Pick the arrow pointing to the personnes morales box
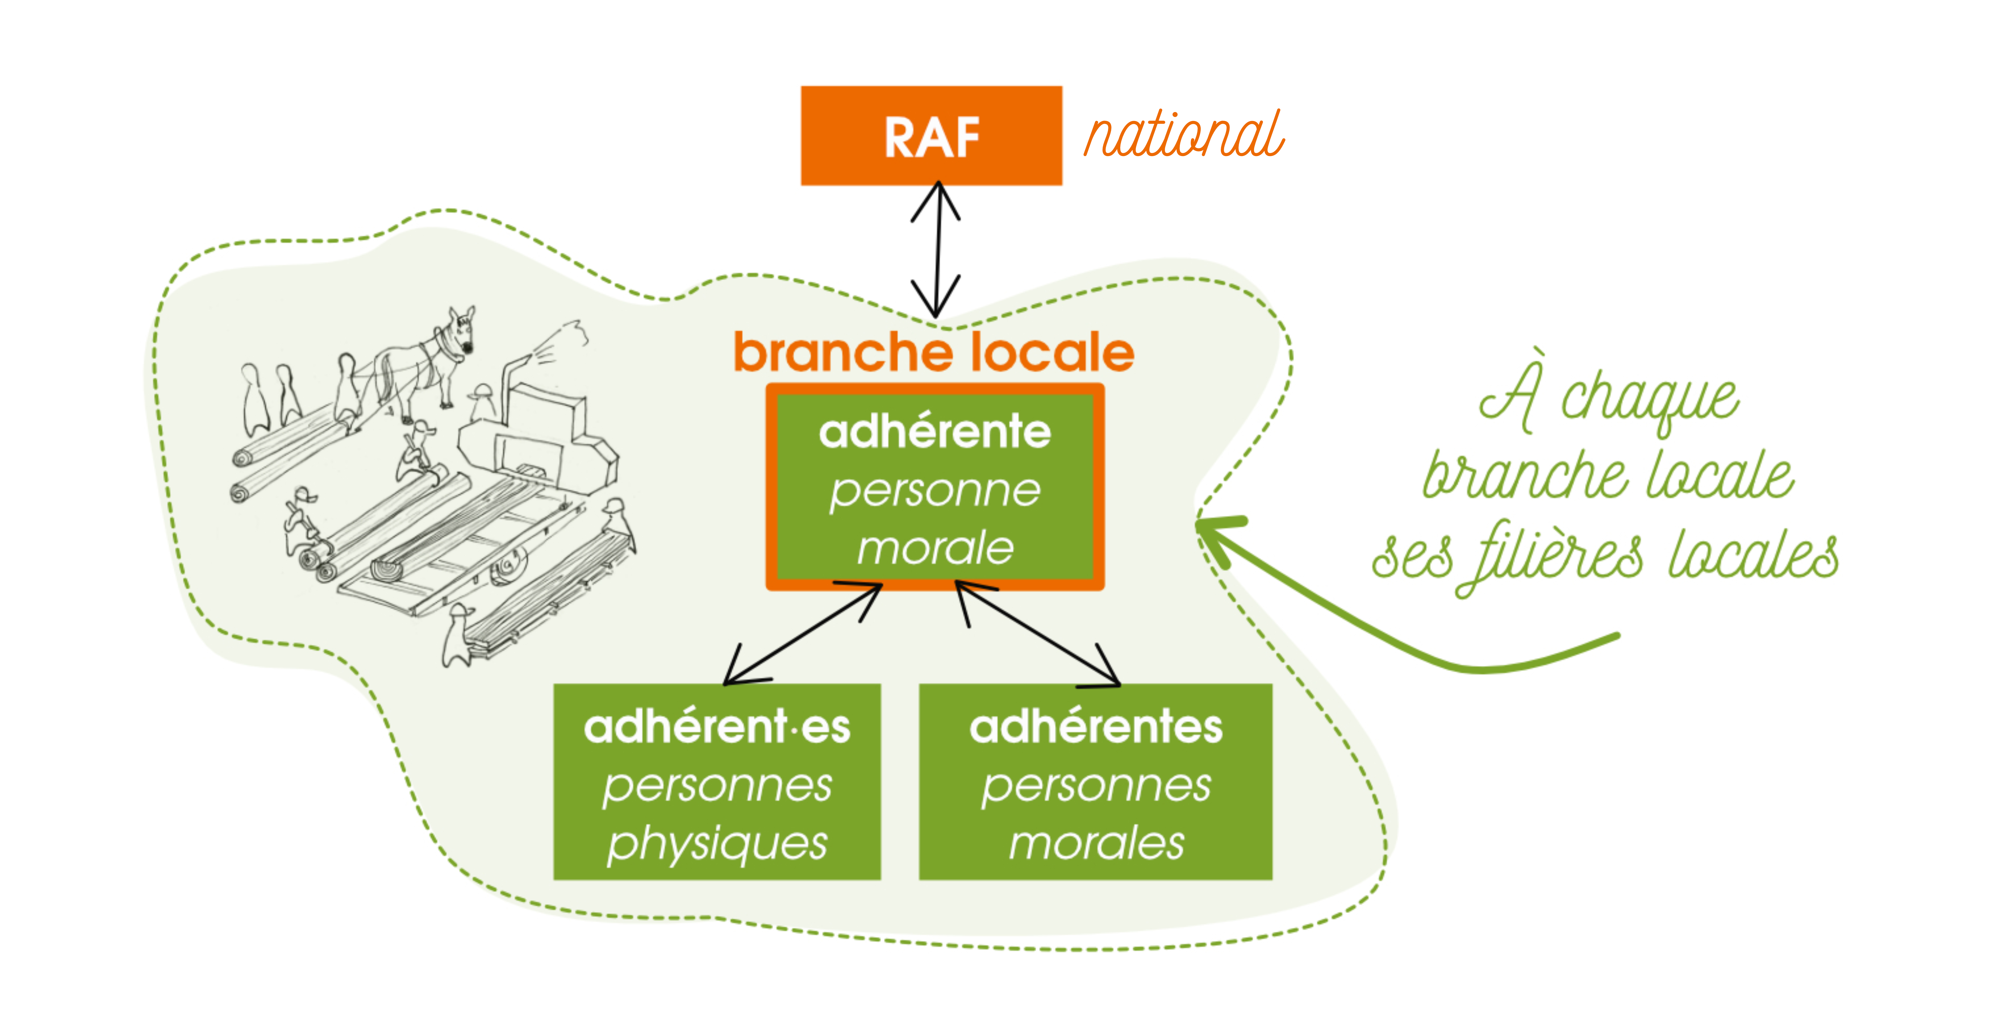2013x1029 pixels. pos(1038,632)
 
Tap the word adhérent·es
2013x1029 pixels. pos(717,727)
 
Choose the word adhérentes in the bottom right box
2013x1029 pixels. pos(1096,727)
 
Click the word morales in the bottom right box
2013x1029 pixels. pos(1096,844)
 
